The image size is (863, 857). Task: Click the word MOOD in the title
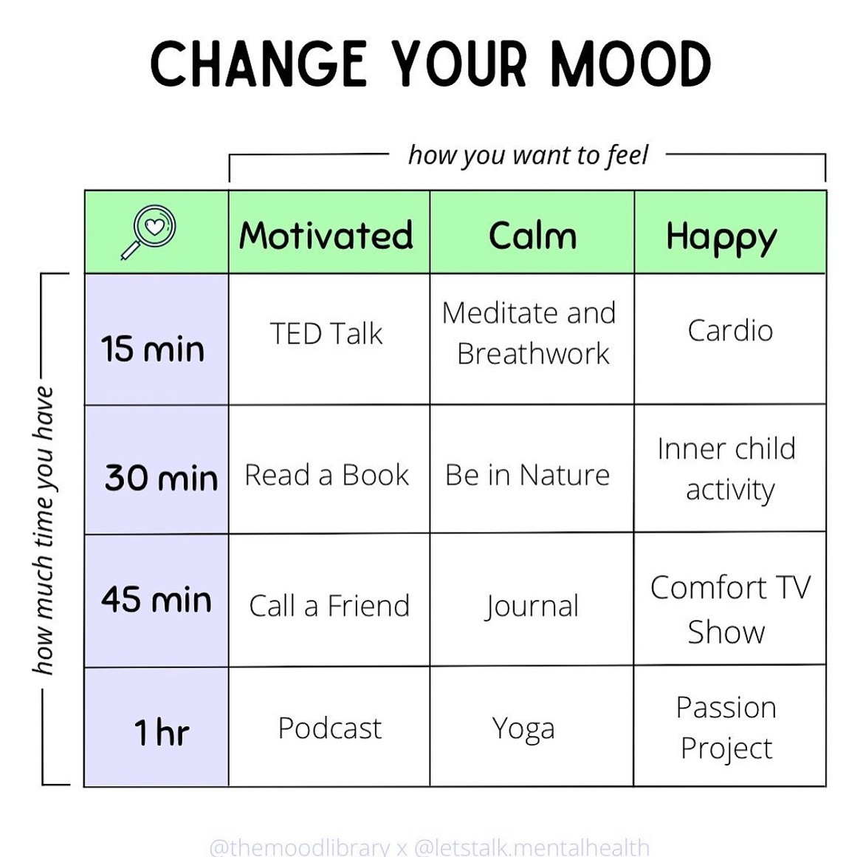point(630,64)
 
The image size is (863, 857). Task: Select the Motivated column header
point(326,235)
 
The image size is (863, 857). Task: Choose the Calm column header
point(532,236)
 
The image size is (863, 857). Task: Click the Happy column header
point(721,238)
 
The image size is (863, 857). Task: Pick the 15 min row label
point(153,349)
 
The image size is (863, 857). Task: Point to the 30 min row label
point(161,477)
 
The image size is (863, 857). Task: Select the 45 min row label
point(157,599)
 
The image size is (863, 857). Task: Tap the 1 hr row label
point(161,732)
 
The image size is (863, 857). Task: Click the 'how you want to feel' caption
point(529,155)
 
